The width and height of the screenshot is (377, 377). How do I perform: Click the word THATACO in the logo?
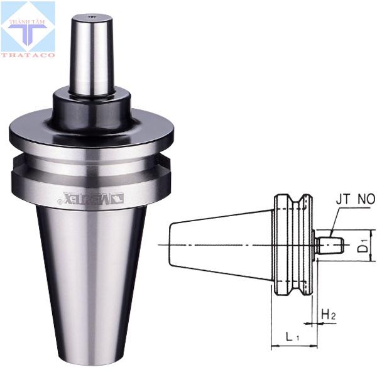click(x=28, y=55)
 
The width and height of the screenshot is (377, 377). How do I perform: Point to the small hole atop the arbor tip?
click(x=91, y=17)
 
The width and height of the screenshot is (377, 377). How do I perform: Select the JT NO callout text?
click(x=355, y=200)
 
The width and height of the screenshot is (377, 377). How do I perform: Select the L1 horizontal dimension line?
click(x=294, y=346)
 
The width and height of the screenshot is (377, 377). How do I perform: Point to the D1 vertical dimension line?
click(x=371, y=245)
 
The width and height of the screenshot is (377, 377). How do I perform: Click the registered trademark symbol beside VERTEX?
click(x=60, y=202)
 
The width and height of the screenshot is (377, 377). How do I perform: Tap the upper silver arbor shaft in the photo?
click(x=91, y=57)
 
